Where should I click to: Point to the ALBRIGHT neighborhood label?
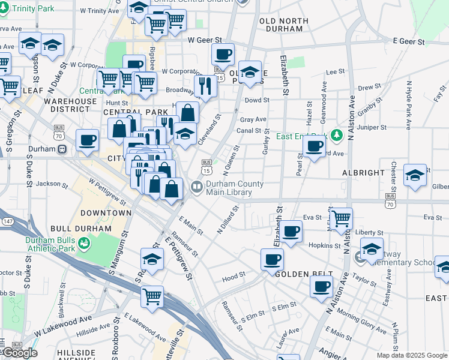pos(363,173)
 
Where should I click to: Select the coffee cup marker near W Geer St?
pos(223,55)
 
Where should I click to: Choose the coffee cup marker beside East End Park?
pos(314,146)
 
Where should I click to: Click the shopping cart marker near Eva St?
pos(340,218)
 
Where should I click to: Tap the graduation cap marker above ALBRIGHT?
pos(415,175)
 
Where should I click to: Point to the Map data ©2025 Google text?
pos(412,355)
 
